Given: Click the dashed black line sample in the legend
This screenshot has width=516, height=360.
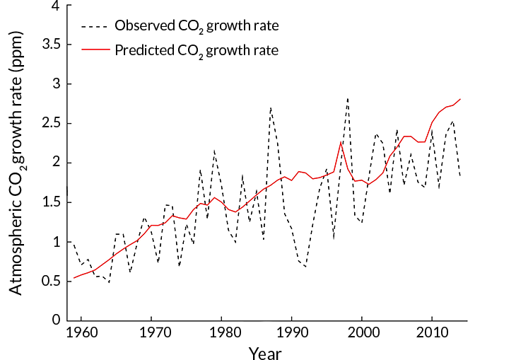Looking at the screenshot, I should tap(93, 26).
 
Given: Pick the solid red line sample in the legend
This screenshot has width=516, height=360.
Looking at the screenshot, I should tap(93, 50).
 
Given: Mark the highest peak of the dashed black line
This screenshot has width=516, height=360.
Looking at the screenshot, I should tap(348, 98).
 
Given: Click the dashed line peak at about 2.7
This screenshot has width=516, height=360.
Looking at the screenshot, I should tap(271, 108).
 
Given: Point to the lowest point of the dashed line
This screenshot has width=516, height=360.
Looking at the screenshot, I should tap(109, 283).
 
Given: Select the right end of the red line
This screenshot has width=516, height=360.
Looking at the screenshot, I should tap(460, 99).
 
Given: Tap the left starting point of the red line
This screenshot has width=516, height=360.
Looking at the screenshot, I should tap(74, 278).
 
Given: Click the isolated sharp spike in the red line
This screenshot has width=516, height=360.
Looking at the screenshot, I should tap(341, 141).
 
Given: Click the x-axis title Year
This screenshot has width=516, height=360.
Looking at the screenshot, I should tap(265, 354).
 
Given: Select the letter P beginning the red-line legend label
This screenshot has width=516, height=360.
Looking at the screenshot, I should tap(119, 50).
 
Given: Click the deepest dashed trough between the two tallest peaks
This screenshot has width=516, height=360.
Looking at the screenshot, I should tap(305, 267).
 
